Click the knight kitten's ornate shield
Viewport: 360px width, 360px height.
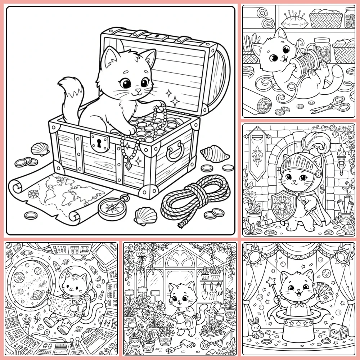284,205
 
